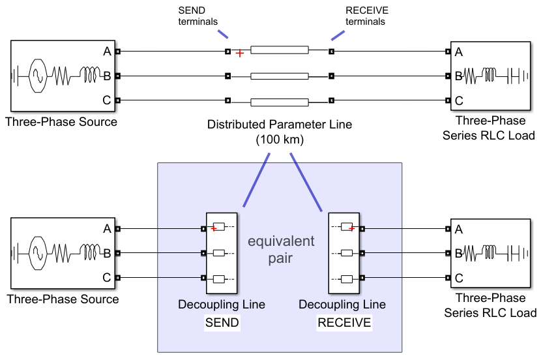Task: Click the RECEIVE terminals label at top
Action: pyautogui.click(x=366, y=16)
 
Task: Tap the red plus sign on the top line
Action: pyautogui.click(x=241, y=53)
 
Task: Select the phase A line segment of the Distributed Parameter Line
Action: pyautogui.click(x=280, y=50)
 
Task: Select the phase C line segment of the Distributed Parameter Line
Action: pyautogui.click(x=280, y=101)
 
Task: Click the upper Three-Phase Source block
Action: pyautogui.click(x=61, y=76)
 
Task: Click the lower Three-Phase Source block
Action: pyautogui.click(x=61, y=253)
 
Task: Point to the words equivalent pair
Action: pyautogui.click(x=280, y=250)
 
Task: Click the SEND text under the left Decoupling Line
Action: pyautogui.click(x=222, y=323)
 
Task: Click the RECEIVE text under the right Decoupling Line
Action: pyautogui.click(x=344, y=323)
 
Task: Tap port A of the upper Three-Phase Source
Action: pyautogui.click(x=117, y=51)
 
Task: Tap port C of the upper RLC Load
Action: pyautogui.click(x=447, y=100)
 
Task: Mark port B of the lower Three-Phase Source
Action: pyautogui.click(x=117, y=253)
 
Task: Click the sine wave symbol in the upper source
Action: pyautogui.click(x=36, y=76)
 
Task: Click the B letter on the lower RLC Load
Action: pyautogui.click(x=458, y=253)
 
